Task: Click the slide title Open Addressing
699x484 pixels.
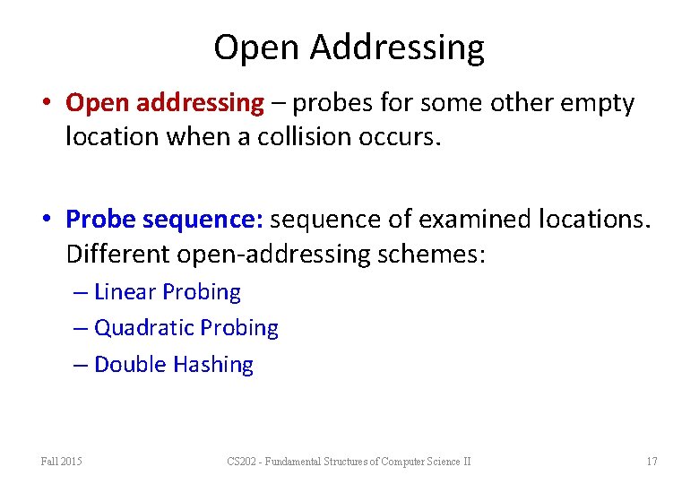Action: coord(349,47)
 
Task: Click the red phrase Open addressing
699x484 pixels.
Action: coord(165,103)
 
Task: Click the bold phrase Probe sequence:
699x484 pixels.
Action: coord(164,219)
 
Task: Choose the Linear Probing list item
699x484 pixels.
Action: coord(167,292)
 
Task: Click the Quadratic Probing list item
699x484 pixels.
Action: coord(186,328)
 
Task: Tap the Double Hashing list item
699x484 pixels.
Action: coord(173,365)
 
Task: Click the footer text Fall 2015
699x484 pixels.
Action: coord(61,462)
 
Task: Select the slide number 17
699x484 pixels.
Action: coord(652,462)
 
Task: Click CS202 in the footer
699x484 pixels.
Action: coord(241,462)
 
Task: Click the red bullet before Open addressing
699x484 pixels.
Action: coord(53,103)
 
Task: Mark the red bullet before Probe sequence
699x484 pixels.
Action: coord(53,219)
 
